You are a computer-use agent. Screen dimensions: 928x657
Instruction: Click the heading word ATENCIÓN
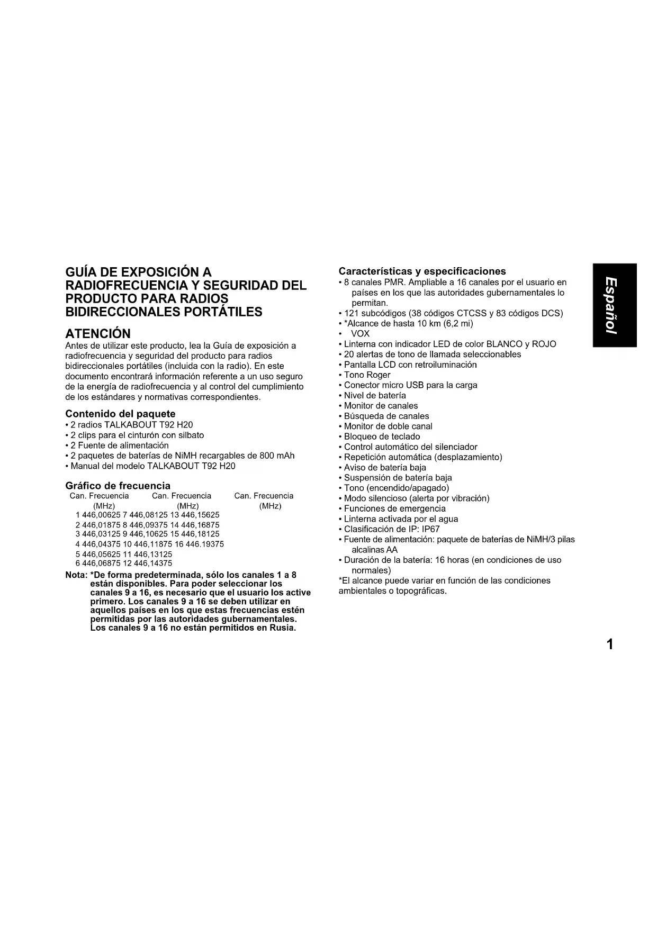pyautogui.click(x=97, y=333)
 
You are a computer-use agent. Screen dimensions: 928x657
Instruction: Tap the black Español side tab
pyautogui.click(x=614, y=305)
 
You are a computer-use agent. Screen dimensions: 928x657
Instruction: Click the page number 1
pyautogui.click(x=610, y=644)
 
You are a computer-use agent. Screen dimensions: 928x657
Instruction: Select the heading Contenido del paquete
pyautogui.click(x=120, y=414)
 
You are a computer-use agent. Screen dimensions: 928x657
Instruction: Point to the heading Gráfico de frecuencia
pyautogui.click(x=118, y=486)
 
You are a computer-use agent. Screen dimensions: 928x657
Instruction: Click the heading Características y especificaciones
pyautogui.click(x=422, y=271)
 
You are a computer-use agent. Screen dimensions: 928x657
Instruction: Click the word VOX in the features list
pyautogui.click(x=360, y=334)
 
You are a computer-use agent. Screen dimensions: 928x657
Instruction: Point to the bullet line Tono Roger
pyautogui.click(x=367, y=375)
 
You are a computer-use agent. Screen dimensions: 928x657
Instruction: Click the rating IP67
pyautogui.click(x=430, y=529)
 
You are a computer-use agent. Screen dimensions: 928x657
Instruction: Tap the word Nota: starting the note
pyautogui.click(x=76, y=575)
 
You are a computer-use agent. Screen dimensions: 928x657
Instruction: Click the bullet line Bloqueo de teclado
pyautogui.click(x=382, y=436)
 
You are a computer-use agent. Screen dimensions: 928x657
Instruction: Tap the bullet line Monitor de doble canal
pyautogui.click(x=388, y=426)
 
